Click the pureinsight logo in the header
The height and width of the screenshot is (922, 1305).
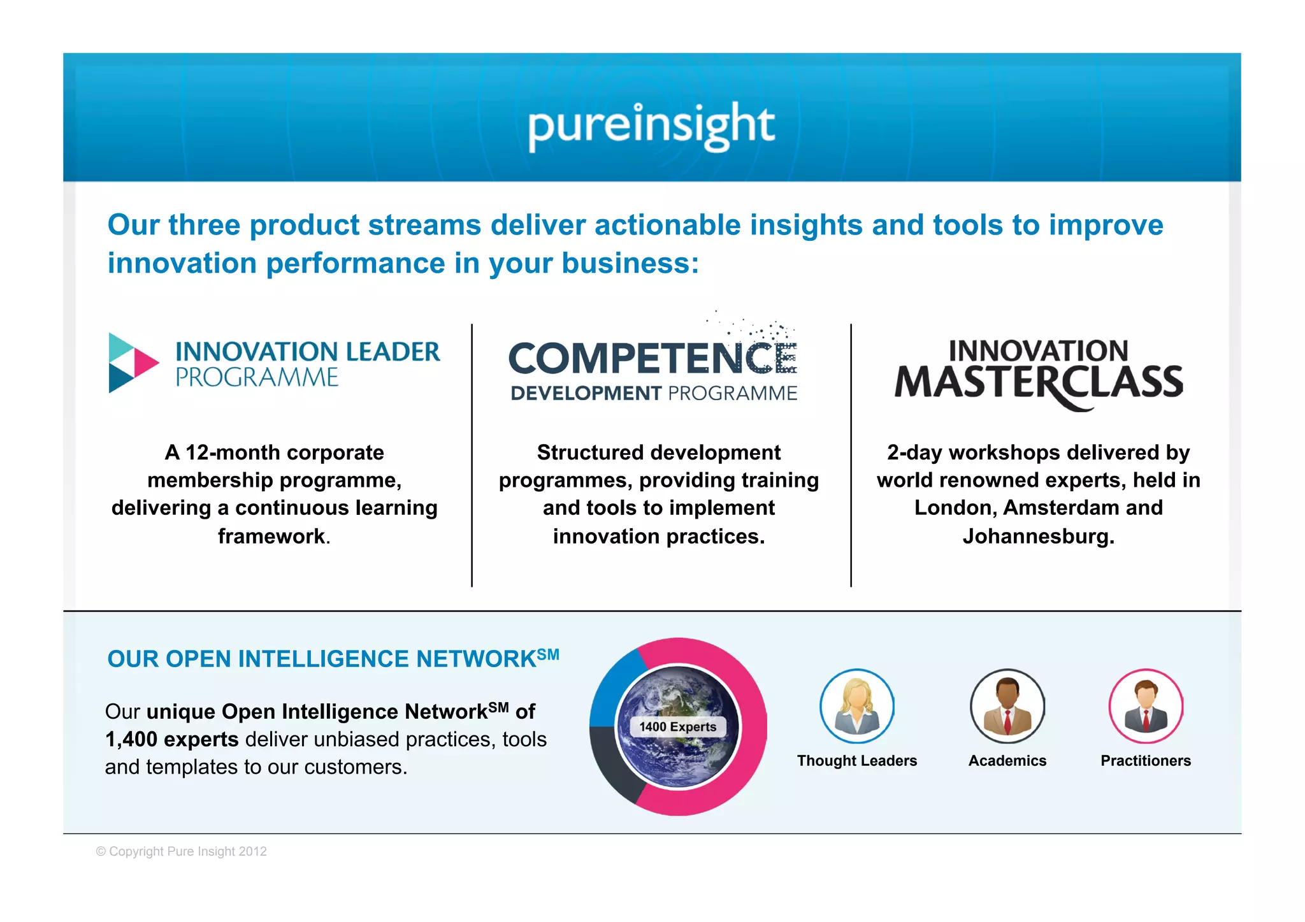point(651,126)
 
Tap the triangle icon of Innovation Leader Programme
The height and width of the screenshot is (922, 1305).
point(133,363)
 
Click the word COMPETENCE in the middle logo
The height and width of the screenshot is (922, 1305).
point(651,358)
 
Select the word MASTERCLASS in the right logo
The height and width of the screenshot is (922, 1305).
point(1038,383)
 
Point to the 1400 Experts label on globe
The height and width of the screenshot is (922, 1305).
point(677,727)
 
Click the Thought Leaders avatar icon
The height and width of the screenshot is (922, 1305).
point(856,706)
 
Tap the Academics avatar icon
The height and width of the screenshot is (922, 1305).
point(1007,706)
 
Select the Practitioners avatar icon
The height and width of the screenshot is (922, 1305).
point(1145,706)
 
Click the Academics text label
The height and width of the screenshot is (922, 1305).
point(1007,761)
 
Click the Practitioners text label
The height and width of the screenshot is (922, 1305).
point(1145,761)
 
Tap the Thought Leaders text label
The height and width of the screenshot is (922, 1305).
point(856,761)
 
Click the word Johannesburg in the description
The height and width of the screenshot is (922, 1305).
point(1038,537)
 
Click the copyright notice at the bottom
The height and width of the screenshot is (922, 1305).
point(181,852)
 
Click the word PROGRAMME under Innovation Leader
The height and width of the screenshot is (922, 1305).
point(257,378)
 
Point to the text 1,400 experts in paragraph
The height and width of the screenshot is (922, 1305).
point(171,739)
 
